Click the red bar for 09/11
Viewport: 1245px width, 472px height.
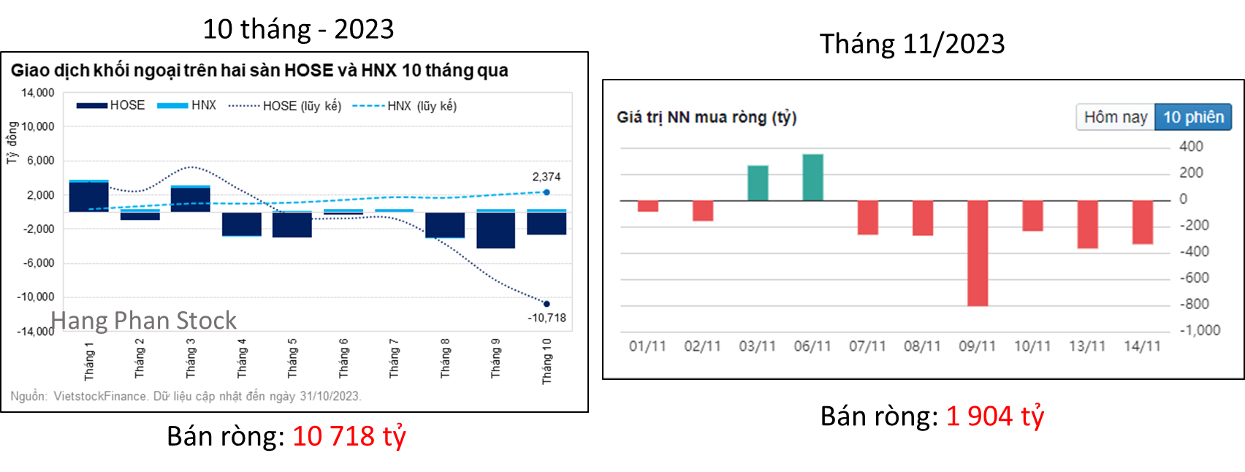tap(977, 253)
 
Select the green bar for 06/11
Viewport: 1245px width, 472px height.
tap(812, 177)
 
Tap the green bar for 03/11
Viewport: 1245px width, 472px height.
tap(758, 183)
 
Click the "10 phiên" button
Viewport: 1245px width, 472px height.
tap(1193, 117)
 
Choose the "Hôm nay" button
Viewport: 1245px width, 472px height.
tap(1115, 117)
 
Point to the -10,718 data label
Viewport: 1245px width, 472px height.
tap(547, 318)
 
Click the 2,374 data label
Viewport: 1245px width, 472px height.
tap(547, 177)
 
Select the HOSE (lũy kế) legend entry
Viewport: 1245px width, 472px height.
tap(284, 106)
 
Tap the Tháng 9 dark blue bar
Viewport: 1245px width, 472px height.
tap(495, 230)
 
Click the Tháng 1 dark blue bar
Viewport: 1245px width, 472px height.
tap(89, 197)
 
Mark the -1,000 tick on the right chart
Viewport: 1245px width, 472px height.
tap(1200, 330)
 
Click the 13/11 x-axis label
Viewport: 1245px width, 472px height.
tap(1087, 346)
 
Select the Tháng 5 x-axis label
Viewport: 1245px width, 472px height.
tap(292, 358)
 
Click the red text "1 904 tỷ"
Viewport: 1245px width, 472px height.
tap(995, 416)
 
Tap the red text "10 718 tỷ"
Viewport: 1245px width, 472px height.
tap(349, 436)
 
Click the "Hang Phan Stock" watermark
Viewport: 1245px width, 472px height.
tap(143, 320)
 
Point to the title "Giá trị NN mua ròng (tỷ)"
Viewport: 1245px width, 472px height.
tap(706, 117)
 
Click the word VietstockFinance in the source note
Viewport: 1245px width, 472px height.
tap(100, 396)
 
